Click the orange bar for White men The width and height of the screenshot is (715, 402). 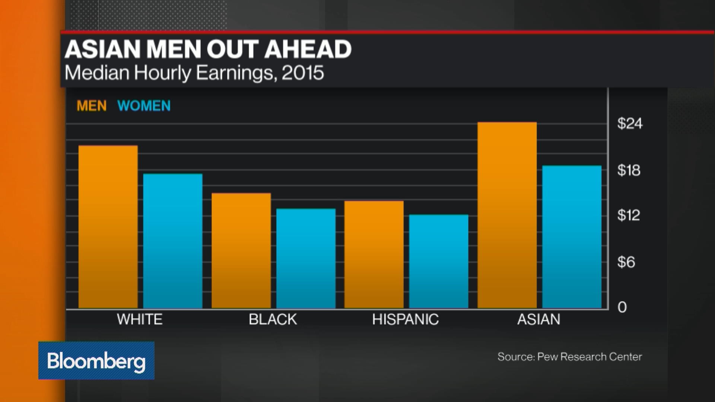point(108,227)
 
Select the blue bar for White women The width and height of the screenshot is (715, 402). point(173,241)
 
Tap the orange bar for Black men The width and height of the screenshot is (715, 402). point(241,251)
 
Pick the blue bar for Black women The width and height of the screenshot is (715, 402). point(306,259)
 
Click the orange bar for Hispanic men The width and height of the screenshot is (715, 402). point(374,255)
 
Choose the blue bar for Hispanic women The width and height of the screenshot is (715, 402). point(439,261)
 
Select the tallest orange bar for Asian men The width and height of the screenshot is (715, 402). point(507,215)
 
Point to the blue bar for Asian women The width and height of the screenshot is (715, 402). point(572,237)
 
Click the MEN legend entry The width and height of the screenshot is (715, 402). point(92,106)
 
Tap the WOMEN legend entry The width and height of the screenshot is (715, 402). point(144,106)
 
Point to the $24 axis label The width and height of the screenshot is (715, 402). point(630,124)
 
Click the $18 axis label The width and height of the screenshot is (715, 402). point(629,170)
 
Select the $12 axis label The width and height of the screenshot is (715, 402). point(629,215)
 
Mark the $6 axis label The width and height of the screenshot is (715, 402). point(626,262)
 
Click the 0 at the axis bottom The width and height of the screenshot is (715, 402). point(622,307)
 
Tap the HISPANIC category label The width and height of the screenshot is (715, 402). point(405,319)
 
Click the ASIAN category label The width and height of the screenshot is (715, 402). point(538,319)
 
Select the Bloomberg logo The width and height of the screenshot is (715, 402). point(96,361)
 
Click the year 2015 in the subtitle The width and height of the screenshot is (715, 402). point(303,73)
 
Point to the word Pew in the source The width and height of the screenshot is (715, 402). point(547,357)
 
